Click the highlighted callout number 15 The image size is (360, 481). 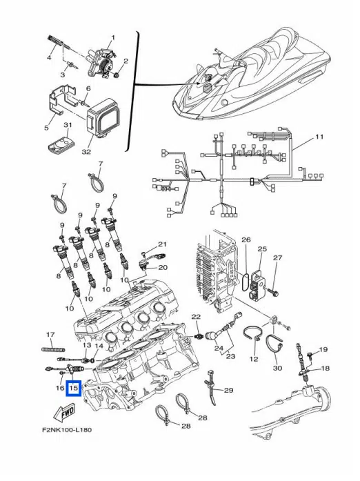pos(74,388)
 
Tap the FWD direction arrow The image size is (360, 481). pos(64,413)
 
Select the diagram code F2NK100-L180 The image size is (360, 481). pos(67,429)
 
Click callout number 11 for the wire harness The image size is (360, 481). pos(319,137)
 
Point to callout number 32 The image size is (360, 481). pos(86,151)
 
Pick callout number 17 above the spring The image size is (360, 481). pos(50,335)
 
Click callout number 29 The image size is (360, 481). pos(228,390)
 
